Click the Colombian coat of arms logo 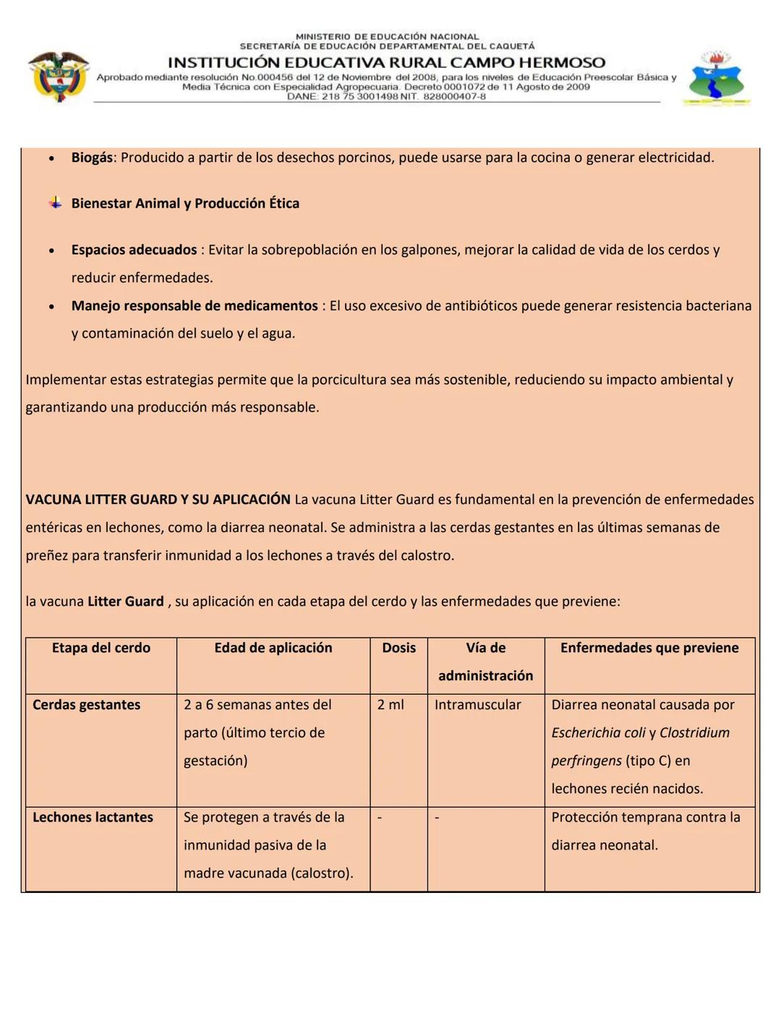click(x=58, y=77)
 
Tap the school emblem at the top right click(x=716, y=79)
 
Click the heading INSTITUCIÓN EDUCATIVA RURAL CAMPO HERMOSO click(x=386, y=63)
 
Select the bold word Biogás click(x=92, y=158)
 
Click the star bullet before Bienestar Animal click(x=55, y=203)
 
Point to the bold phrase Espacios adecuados click(x=134, y=250)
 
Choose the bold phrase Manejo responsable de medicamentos click(x=195, y=306)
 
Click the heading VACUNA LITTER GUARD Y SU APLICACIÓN click(x=158, y=500)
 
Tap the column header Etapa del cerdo click(x=101, y=648)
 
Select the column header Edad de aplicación click(x=273, y=648)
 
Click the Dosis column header click(x=399, y=648)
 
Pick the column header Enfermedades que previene click(x=649, y=648)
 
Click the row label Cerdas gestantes click(x=87, y=705)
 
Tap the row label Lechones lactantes click(x=93, y=818)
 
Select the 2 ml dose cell click(x=390, y=705)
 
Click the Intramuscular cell click(x=477, y=705)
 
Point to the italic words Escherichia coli click(x=598, y=733)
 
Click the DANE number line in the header click(x=386, y=96)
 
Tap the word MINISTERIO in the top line click(x=323, y=36)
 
